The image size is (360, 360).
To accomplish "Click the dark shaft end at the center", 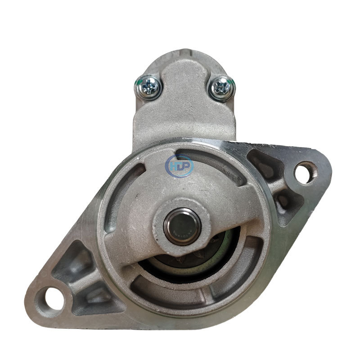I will coord(174,221).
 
